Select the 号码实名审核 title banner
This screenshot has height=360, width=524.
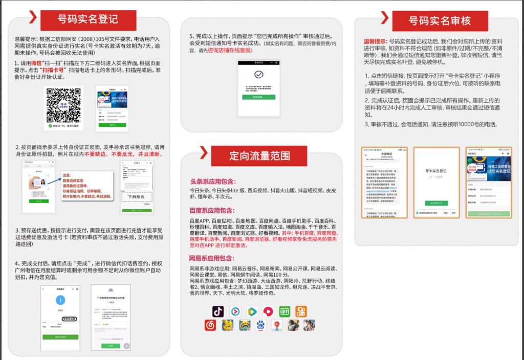tap(440, 21)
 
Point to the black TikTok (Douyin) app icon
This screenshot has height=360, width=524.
tap(219, 311)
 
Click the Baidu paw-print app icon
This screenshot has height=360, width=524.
tap(261, 325)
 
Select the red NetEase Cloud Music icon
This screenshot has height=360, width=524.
tap(210, 325)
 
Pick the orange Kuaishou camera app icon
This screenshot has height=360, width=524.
tap(301, 311)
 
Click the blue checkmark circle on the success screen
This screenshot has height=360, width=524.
tap(259, 75)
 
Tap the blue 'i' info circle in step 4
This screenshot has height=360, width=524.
tap(61, 300)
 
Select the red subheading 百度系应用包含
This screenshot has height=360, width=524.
tap(212, 210)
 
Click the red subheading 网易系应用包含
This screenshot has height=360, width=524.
tap(212, 258)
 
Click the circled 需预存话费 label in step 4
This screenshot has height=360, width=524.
tap(70, 319)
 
